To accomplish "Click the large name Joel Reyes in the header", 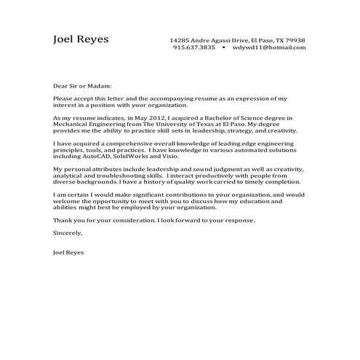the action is click(x=81, y=39).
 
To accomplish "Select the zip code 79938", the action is click(x=295, y=40).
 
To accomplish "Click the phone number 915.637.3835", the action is click(x=194, y=47).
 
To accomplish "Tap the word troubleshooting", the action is click(x=121, y=177).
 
